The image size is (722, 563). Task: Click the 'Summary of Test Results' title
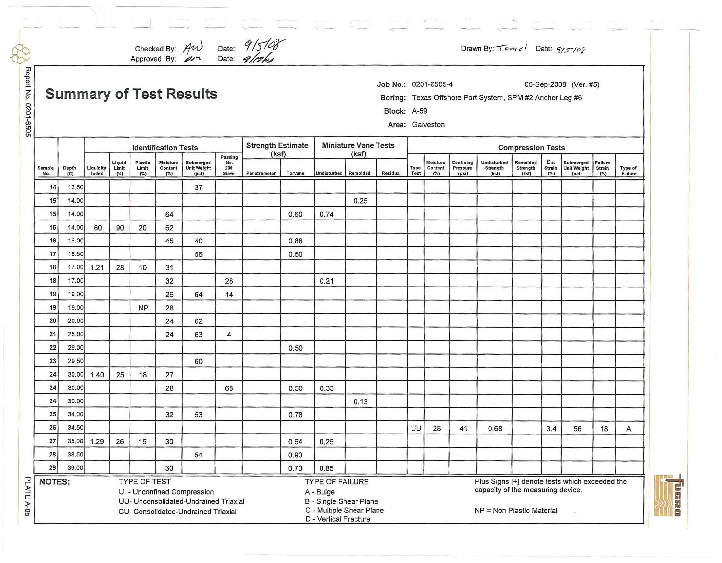coord(131,94)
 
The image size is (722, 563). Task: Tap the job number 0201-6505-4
coord(432,84)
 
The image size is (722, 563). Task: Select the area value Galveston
coord(428,125)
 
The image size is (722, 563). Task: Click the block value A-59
coord(420,111)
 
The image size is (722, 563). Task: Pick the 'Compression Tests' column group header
coord(531,147)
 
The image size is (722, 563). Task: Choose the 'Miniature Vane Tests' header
coord(358,145)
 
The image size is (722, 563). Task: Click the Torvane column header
coord(295,173)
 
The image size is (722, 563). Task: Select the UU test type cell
coord(415,428)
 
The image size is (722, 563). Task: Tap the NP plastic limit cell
coord(143,308)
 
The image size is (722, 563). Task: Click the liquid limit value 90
coord(120,228)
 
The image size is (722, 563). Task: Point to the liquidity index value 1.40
coord(97,375)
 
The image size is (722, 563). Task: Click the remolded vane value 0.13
coord(360,402)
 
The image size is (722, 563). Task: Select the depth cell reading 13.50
coord(75,187)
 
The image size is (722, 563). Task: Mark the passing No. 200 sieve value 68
coord(229,388)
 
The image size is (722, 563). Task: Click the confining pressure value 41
coord(463,428)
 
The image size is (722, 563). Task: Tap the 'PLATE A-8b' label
coord(28,496)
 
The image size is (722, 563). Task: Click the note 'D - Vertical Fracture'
coord(338,519)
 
